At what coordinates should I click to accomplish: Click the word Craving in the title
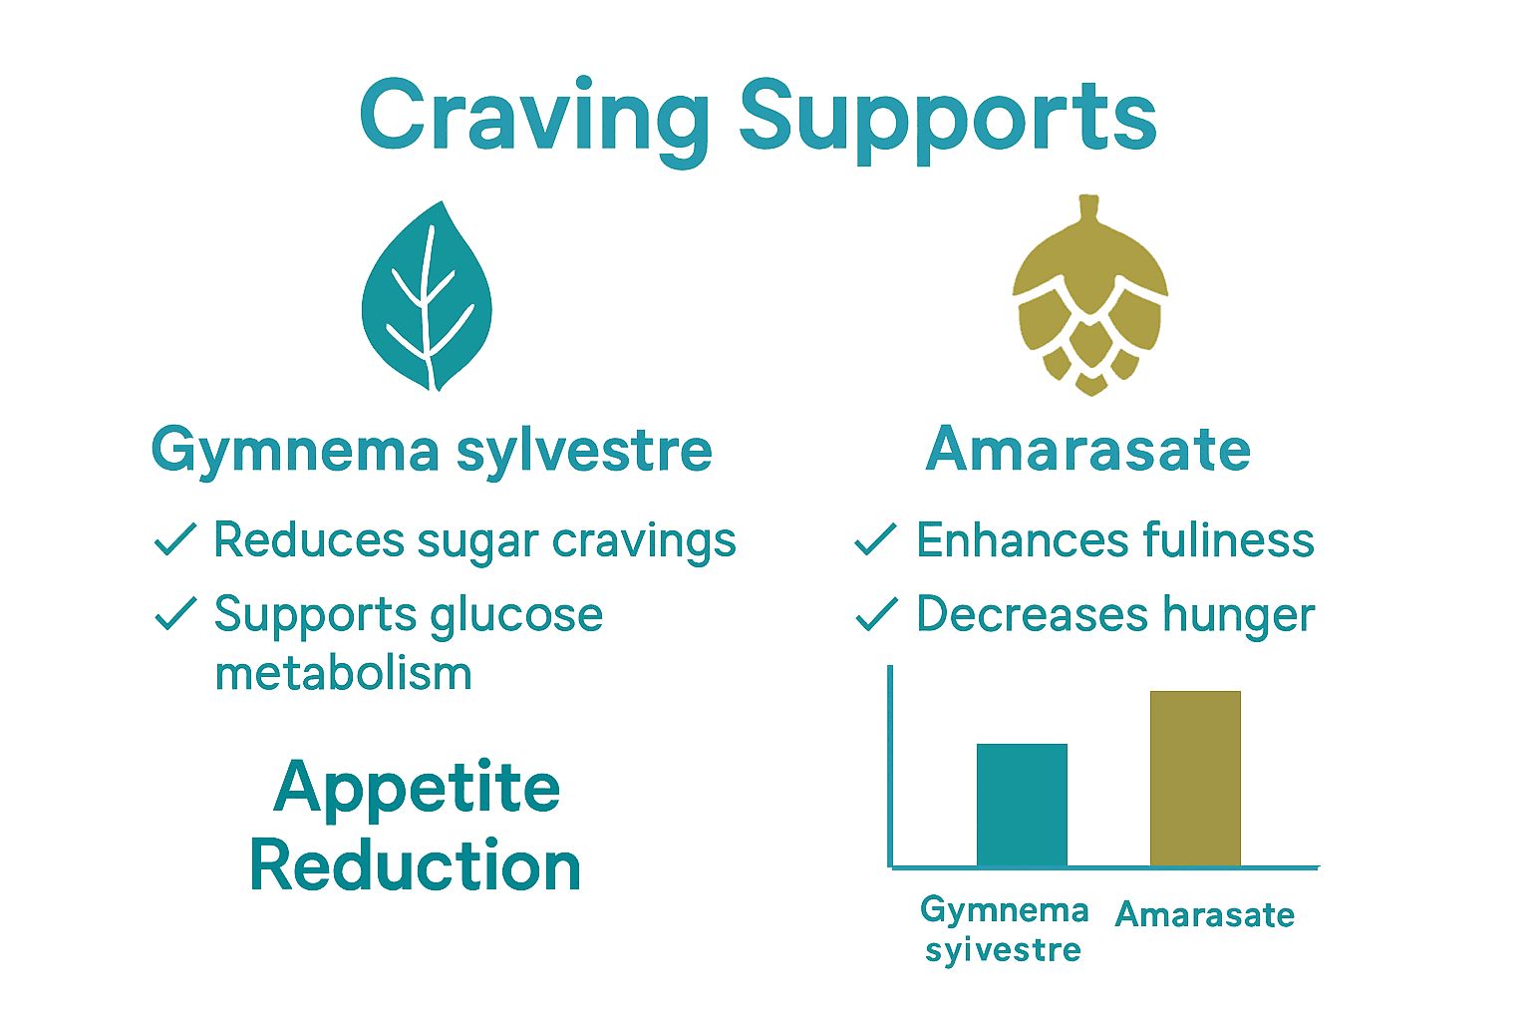tap(534, 118)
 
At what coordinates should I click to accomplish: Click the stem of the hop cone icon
tap(1089, 208)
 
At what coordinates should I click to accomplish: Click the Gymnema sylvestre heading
tap(432, 451)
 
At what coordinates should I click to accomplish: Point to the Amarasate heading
tap(1088, 450)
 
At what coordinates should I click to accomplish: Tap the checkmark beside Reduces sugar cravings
tap(175, 539)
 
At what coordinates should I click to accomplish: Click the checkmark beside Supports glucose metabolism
tap(175, 613)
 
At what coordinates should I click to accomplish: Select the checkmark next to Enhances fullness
tap(876, 539)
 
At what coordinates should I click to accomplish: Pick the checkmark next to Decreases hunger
tap(876, 614)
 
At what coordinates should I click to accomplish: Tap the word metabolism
tap(343, 674)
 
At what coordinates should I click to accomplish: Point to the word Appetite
tap(417, 789)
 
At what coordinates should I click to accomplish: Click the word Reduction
tap(416, 865)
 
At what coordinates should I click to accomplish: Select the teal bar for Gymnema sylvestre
tap(1022, 805)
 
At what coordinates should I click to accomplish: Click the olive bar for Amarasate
tap(1195, 778)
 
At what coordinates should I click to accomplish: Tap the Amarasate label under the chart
tap(1204, 914)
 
